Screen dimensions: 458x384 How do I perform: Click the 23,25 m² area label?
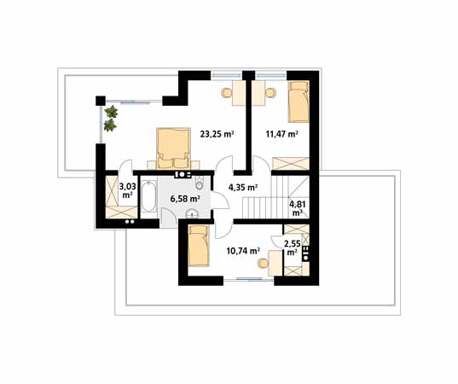[x=217, y=134]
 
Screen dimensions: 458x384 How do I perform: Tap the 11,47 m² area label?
[x=281, y=134]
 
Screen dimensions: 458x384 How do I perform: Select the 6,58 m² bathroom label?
[x=185, y=200]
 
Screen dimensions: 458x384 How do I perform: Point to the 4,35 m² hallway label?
[x=243, y=188]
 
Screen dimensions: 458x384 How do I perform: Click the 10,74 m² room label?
[x=244, y=251]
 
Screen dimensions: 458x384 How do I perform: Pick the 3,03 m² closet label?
[x=128, y=190]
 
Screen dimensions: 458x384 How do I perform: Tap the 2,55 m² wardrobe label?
[x=293, y=247]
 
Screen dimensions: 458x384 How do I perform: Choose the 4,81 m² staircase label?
[x=298, y=207]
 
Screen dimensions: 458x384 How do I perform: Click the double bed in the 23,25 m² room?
[x=173, y=148]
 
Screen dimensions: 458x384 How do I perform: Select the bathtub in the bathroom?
[x=148, y=196]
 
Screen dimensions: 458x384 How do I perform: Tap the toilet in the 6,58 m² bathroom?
[x=200, y=183]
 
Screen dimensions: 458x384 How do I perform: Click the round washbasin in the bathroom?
[x=192, y=214]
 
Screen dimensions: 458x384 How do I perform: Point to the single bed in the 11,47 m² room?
[x=299, y=102]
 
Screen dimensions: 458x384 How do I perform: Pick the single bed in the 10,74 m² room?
[x=199, y=246]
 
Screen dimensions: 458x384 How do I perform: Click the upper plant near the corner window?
[x=111, y=112]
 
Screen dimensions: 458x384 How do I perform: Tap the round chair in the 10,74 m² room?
[x=264, y=264]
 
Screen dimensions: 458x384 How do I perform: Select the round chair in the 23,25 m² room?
[x=226, y=93]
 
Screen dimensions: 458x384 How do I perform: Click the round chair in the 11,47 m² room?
[x=270, y=93]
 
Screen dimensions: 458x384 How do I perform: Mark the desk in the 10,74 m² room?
[x=276, y=263]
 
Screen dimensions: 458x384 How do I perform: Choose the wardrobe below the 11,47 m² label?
[x=291, y=163]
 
